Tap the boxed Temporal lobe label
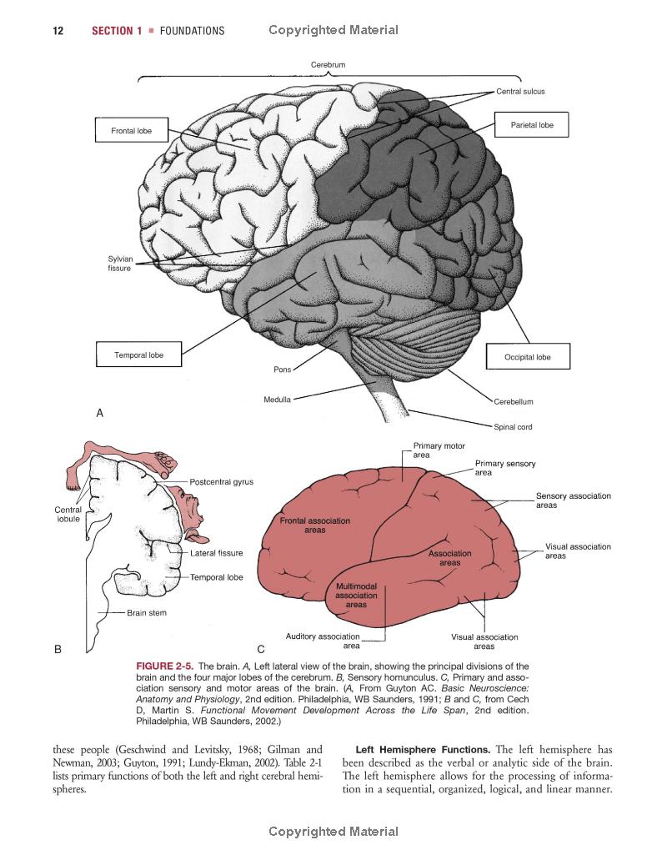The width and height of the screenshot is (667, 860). click(138, 355)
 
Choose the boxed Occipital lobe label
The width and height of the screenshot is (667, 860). click(527, 357)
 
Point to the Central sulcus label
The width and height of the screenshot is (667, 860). click(520, 92)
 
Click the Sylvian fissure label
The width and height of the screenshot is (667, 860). click(120, 264)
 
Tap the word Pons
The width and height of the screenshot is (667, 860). click(282, 370)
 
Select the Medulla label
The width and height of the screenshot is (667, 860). click(277, 400)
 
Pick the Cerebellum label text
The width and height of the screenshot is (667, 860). click(513, 401)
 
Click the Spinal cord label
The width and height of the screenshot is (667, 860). click(513, 427)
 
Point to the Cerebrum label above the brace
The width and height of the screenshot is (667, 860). click(328, 64)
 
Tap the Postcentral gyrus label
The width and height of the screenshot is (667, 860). click(221, 482)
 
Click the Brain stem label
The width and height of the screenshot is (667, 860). click(147, 613)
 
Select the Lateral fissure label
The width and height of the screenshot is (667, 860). click(216, 553)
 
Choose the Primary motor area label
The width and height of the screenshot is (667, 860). click(439, 451)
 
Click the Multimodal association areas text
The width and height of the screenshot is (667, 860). click(356, 596)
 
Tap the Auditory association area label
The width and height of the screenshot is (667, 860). click(323, 641)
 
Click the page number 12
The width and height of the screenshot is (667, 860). click(58, 31)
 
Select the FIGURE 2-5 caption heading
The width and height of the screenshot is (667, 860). click(164, 666)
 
